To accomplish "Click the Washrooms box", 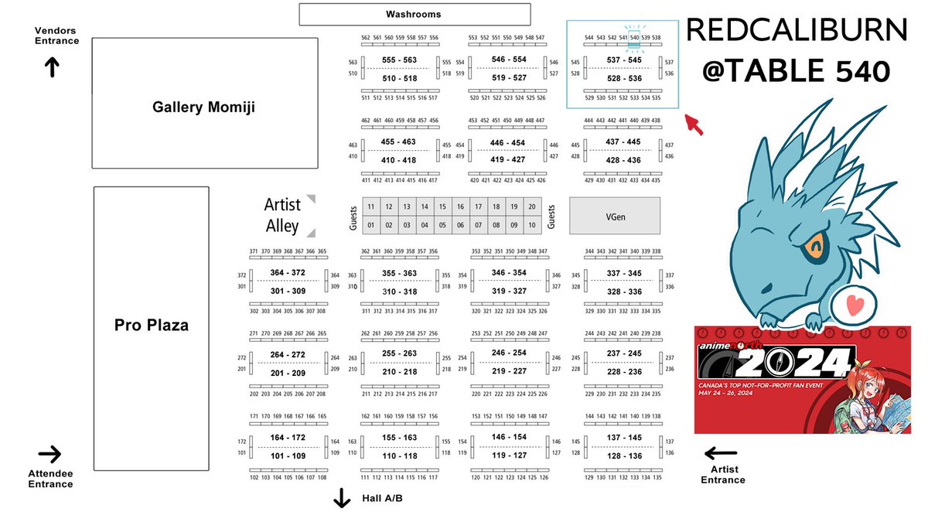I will [x=415, y=14].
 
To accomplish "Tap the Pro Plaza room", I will [x=152, y=326].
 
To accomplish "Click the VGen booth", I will [x=615, y=216].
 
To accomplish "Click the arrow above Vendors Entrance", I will [x=52, y=68].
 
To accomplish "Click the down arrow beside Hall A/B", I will [x=342, y=500].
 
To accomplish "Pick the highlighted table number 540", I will [x=634, y=37].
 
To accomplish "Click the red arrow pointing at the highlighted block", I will [x=694, y=124].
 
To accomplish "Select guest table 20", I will [x=531, y=206].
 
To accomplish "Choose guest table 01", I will [x=371, y=225].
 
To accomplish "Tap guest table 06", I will [x=460, y=225].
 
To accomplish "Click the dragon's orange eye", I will [x=811, y=248].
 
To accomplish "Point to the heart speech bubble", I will [x=853, y=305].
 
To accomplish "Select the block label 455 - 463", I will [x=398, y=142].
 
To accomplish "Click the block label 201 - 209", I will [x=288, y=373].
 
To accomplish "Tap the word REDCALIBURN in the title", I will [x=797, y=32].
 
